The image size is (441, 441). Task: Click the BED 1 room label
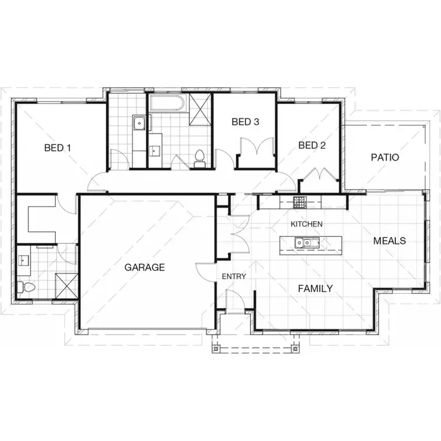(x=58, y=148)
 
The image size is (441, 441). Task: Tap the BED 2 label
(x=312, y=145)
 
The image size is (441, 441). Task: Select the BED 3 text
(x=245, y=122)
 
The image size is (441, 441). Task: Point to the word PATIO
(x=385, y=158)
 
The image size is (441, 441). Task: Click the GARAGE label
(x=145, y=267)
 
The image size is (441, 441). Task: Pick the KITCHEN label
(x=306, y=224)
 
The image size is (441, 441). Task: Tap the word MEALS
(x=390, y=241)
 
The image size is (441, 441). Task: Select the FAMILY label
(x=315, y=289)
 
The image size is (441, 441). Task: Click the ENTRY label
(x=233, y=276)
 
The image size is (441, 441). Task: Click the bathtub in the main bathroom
(x=168, y=104)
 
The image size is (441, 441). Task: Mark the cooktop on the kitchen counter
(x=300, y=203)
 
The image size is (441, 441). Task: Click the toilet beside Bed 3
(x=199, y=158)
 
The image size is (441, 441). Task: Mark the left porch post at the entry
(x=216, y=349)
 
